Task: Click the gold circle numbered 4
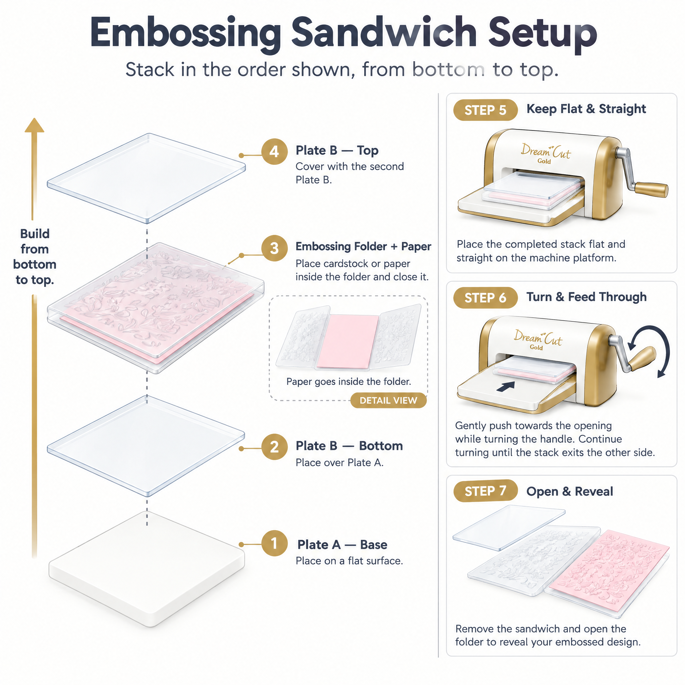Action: (274, 152)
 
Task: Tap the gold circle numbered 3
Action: (274, 248)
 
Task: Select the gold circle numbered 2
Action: (274, 447)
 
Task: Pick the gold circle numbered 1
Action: (274, 543)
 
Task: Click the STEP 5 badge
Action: (485, 110)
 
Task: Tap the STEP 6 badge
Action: (485, 298)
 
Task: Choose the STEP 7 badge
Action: (485, 491)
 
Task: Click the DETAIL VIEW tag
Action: (388, 400)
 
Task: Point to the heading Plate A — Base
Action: (342, 545)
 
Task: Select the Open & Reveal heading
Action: (569, 491)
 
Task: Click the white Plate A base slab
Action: (147, 569)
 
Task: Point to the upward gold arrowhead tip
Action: (34, 118)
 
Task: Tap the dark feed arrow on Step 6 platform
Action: (506, 386)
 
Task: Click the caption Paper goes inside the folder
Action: (349, 382)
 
